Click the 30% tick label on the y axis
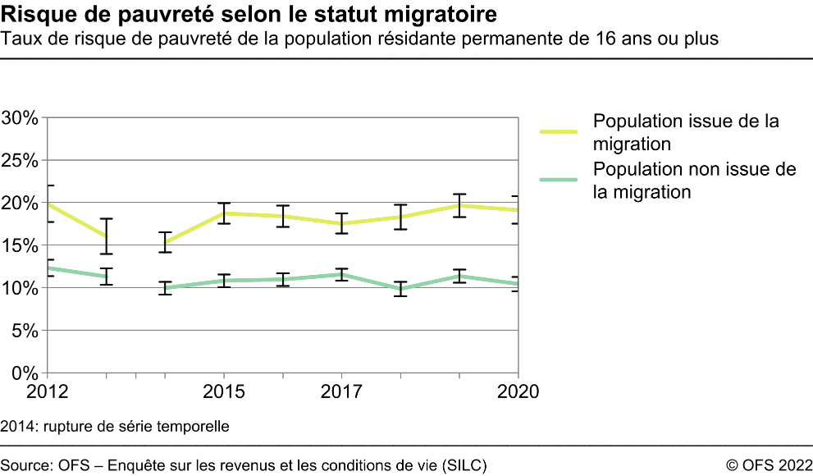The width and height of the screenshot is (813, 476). tap(20, 118)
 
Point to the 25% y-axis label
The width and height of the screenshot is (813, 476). tap(20, 161)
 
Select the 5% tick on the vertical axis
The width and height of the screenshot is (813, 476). tap(25, 331)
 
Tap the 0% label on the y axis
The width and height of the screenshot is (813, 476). tap(25, 373)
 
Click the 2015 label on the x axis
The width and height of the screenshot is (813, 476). tap(224, 391)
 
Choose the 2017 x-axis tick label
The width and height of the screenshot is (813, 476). tap(341, 391)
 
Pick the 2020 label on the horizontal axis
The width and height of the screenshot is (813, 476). tap(518, 391)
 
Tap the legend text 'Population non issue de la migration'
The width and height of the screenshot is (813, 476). tap(694, 181)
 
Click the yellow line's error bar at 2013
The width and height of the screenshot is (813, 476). tap(107, 236)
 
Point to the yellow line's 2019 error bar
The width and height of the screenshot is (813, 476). tap(459, 205)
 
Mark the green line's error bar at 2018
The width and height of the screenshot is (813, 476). tap(400, 289)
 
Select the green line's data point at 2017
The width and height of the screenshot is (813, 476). tap(341, 274)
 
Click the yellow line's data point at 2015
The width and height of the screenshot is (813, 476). tap(224, 213)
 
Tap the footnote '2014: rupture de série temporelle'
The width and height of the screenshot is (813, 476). tap(115, 427)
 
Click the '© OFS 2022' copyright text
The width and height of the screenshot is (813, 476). tap(769, 465)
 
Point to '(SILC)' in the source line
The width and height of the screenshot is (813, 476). tap(464, 465)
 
